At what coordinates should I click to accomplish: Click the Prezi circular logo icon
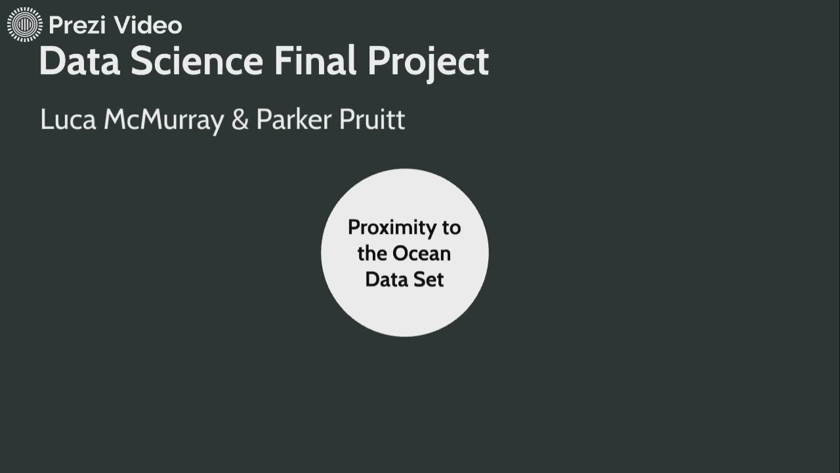click(24, 25)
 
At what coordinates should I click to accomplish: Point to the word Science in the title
click(196, 62)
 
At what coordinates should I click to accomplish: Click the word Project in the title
click(428, 63)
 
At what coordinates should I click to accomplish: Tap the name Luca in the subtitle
click(68, 120)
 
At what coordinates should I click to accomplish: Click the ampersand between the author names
click(240, 120)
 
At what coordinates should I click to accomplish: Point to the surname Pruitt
click(372, 120)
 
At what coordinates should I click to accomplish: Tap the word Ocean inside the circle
click(422, 254)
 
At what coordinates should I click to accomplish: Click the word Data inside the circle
click(386, 279)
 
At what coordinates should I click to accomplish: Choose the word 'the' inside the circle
click(372, 254)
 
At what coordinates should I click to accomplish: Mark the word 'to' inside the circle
click(451, 228)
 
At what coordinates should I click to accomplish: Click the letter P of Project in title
click(379, 62)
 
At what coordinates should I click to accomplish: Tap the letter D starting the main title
click(51, 62)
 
